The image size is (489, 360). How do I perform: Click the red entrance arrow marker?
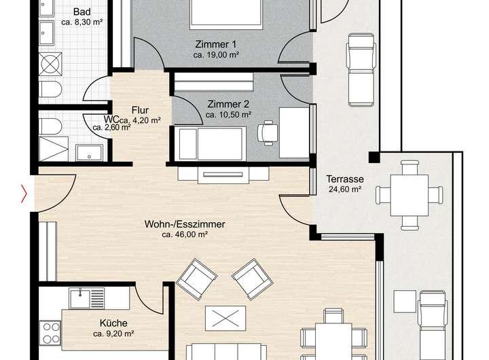24,194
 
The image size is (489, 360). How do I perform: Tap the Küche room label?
113,323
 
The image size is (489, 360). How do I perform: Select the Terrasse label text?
345,179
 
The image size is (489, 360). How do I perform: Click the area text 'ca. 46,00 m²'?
185,234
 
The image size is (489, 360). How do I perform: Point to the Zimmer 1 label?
216,44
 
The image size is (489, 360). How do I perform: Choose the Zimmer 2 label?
229,104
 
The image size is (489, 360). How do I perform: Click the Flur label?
140,110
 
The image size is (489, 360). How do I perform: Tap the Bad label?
82,12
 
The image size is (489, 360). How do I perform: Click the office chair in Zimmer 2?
268,132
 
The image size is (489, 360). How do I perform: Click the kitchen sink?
80,299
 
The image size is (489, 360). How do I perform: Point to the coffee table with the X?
225,319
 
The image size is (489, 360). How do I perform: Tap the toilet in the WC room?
50,126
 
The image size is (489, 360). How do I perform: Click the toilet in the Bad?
50,89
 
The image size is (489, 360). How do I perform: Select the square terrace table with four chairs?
409,196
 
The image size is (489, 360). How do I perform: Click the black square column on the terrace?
374,157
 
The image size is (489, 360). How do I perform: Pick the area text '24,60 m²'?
345,190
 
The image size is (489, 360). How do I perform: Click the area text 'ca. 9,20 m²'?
113,334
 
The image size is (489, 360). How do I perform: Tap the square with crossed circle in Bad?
50,64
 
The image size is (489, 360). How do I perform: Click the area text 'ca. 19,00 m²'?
216,55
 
